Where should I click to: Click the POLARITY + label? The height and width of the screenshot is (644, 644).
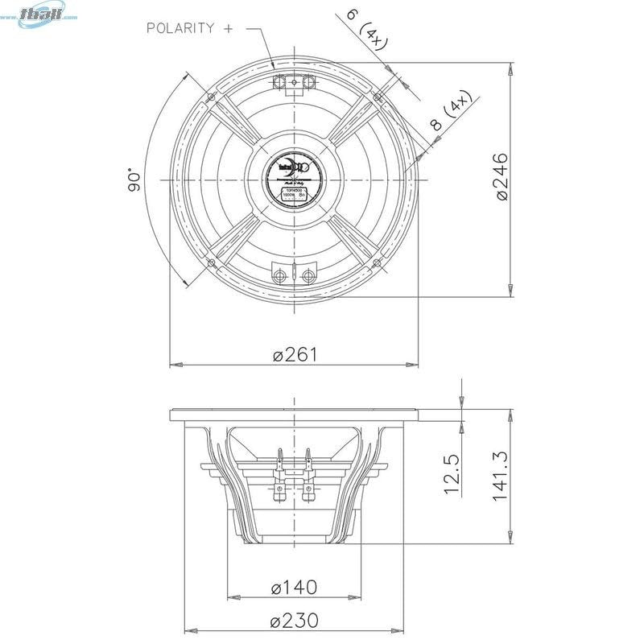(x=190, y=28)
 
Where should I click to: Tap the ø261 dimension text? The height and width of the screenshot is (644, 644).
(x=295, y=355)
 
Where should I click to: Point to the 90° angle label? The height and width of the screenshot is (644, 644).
(x=134, y=180)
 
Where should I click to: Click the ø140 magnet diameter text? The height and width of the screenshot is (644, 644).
(x=294, y=588)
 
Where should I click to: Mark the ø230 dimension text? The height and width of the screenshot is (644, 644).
(x=295, y=621)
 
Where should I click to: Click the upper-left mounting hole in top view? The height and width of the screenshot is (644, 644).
(x=211, y=96)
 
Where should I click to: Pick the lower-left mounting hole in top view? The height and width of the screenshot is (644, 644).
(x=211, y=262)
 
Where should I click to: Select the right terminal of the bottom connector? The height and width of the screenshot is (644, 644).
(x=308, y=276)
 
